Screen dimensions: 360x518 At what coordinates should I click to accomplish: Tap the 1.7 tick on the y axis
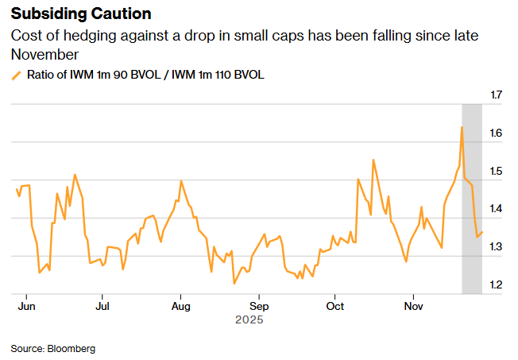(497, 95)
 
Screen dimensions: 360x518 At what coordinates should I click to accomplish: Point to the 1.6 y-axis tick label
(497, 134)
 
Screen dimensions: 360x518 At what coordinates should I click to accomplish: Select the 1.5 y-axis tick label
(497, 172)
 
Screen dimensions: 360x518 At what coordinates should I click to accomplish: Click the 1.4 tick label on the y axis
(497, 209)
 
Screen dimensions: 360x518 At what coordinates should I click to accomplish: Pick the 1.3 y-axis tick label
(497, 247)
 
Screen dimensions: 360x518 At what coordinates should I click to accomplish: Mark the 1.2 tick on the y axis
(497, 285)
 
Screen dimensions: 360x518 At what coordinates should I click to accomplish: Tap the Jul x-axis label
(102, 305)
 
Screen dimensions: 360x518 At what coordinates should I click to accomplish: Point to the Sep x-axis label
(258, 305)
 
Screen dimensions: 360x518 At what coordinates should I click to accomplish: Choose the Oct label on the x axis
(335, 305)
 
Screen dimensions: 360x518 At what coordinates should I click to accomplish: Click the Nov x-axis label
(413, 305)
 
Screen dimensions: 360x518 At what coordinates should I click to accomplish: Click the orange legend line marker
(16, 75)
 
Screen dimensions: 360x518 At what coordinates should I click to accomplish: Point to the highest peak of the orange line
(462, 127)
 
